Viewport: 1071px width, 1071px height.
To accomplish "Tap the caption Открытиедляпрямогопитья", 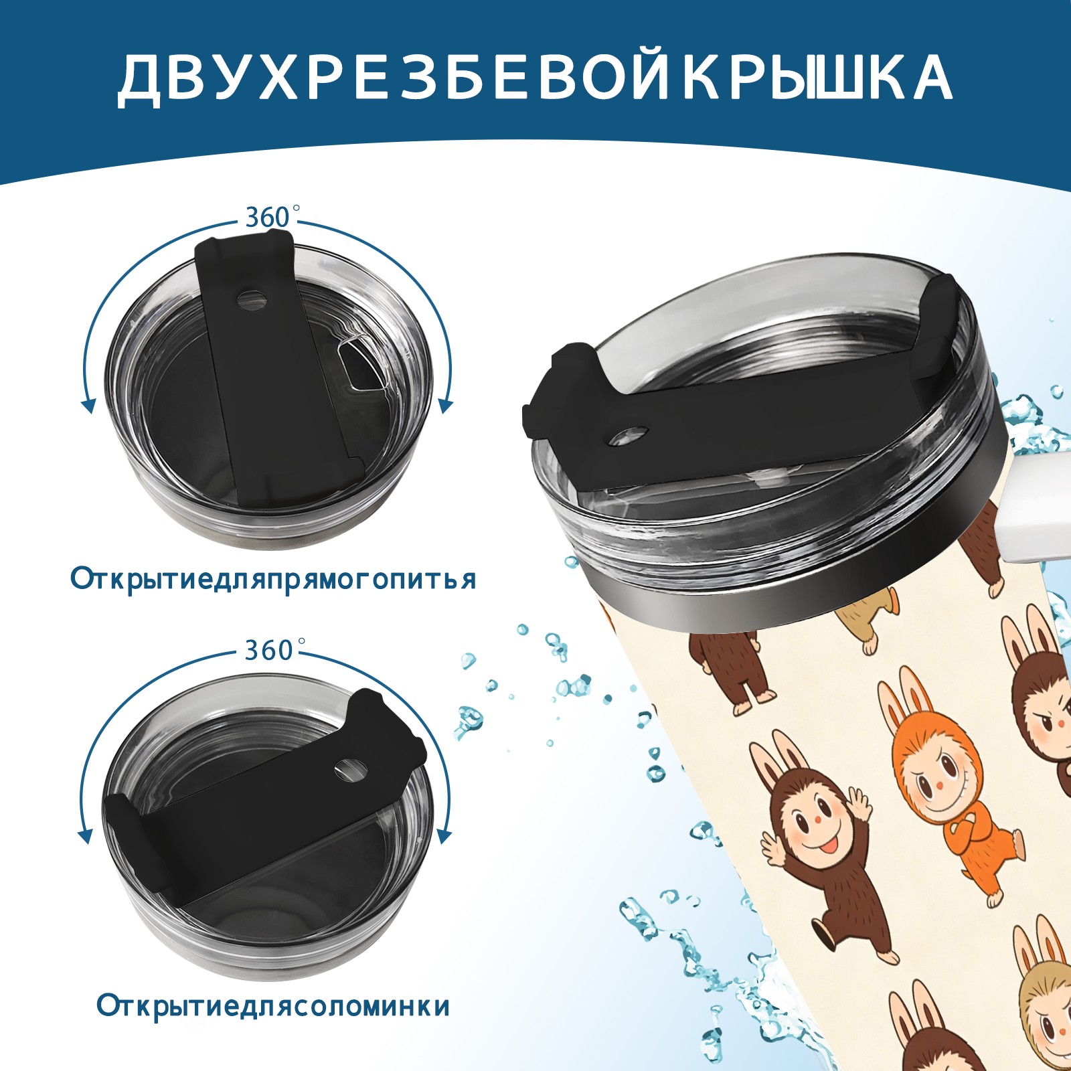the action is pyautogui.click(x=273, y=578).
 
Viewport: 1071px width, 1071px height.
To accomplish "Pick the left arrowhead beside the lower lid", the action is pyautogui.click(x=86, y=836).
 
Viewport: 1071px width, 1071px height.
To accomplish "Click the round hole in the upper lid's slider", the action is pyautogui.click(x=252, y=300).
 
